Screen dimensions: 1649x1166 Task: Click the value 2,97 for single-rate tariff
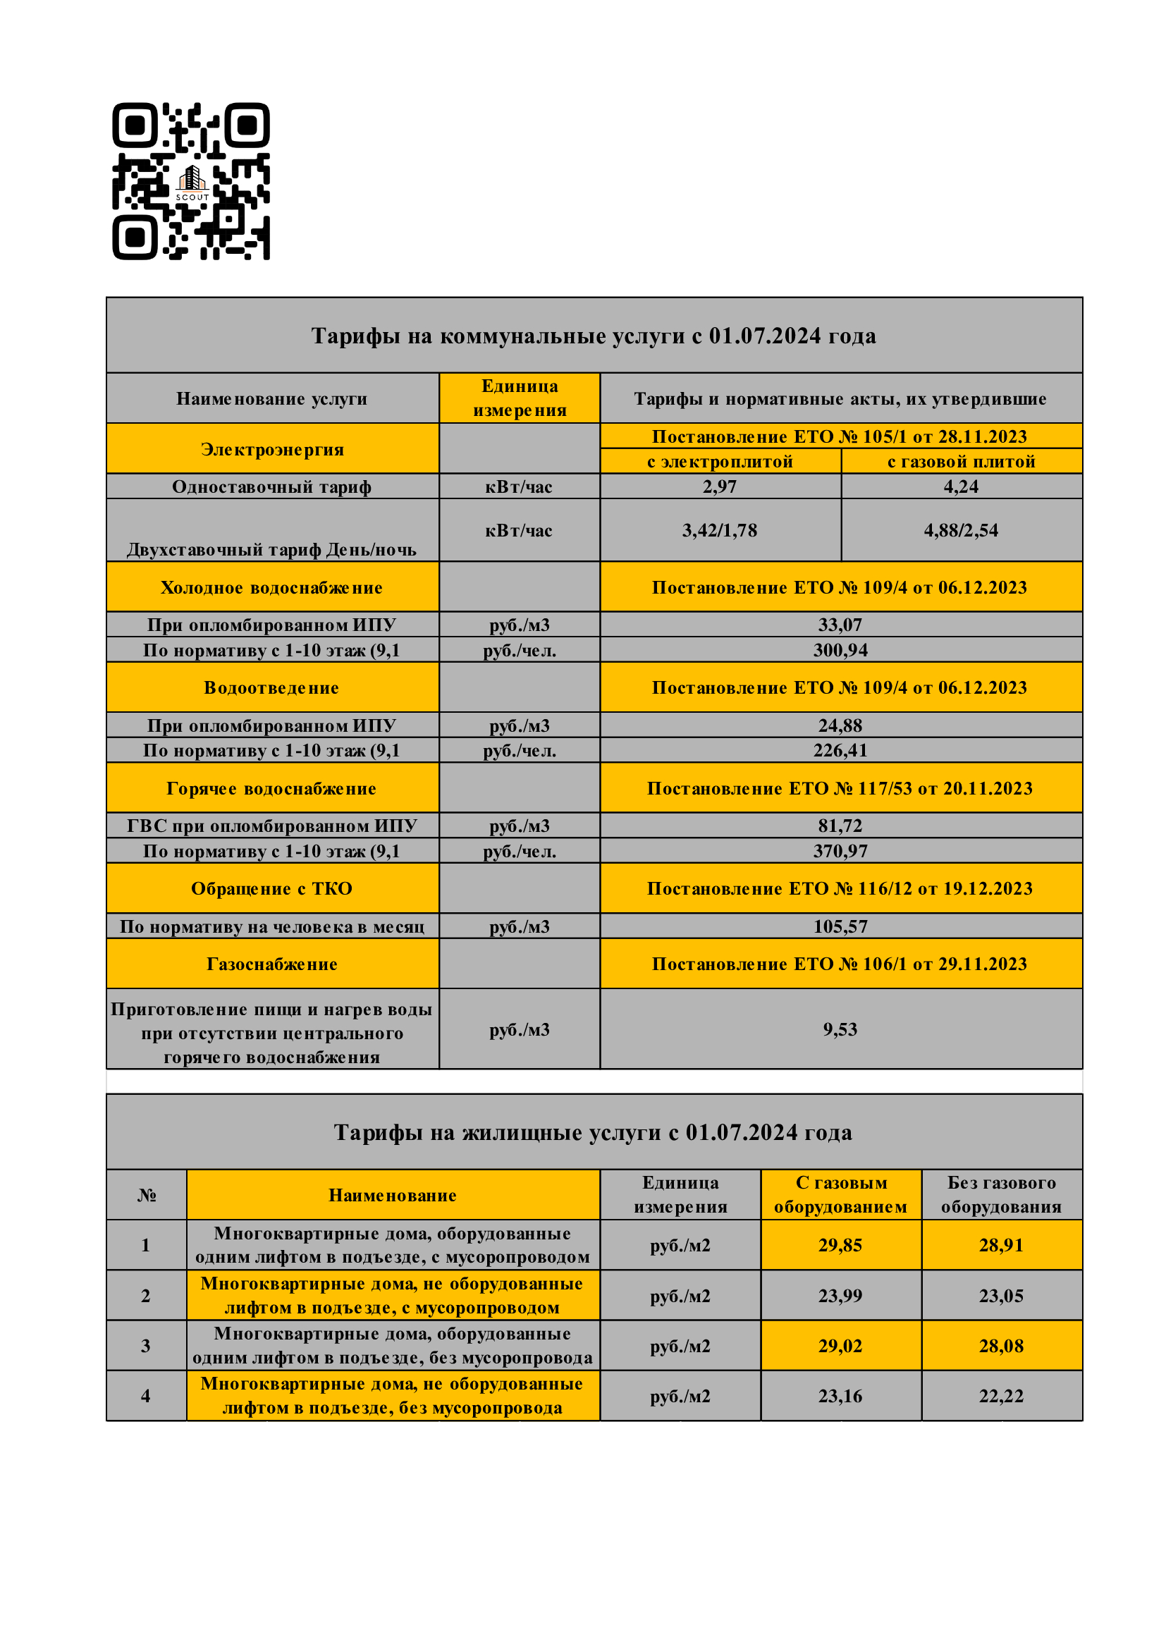pyautogui.click(x=720, y=486)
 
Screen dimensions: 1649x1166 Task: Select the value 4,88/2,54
pyautogui.click(x=961, y=530)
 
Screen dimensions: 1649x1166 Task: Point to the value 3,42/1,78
pyautogui.click(x=720, y=530)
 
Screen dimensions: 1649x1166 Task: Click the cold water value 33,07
pyautogui.click(x=840, y=625)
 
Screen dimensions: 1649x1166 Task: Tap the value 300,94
pyautogui.click(x=840, y=650)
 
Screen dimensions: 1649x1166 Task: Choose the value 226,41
pyautogui.click(x=840, y=751)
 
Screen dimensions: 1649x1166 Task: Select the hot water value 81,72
pyautogui.click(x=840, y=826)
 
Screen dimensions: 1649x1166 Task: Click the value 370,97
pyautogui.click(x=840, y=851)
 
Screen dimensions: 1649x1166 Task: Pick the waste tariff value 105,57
pyautogui.click(x=840, y=926)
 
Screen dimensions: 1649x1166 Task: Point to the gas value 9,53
pyautogui.click(x=840, y=1029)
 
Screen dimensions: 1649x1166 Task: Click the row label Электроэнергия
pyautogui.click(x=272, y=449)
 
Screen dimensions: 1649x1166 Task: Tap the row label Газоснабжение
pyautogui.click(x=272, y=964)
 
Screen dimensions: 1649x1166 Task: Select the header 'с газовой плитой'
pyautogui.click(x=961, y=461)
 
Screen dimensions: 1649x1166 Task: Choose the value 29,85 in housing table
pyautogui.click(x=840, y=1244)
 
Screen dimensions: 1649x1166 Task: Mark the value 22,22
pyautogui.click(x=1001, y=1395)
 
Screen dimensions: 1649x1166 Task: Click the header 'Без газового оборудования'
pyautogui.click(x=1001, y=1194)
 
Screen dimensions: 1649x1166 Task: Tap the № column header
pyautogui.click(x=147, y=1194)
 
